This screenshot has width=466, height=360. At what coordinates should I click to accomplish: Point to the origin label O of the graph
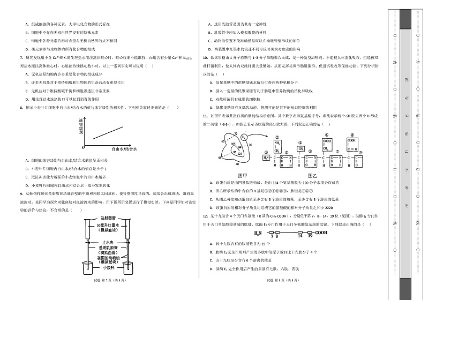click(x=84, y=147)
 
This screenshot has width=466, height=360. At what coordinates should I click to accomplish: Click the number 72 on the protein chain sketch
click(x=235, y=133)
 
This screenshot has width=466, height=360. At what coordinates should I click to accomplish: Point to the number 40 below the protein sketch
click(x=237, y=164)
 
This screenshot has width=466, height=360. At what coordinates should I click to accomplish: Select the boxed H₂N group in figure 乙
click(x=266, y=157)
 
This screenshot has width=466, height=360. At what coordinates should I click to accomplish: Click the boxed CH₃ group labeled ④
click(x=301, y=149)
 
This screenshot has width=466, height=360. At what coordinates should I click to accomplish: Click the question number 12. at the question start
click(x=205, y=215)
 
